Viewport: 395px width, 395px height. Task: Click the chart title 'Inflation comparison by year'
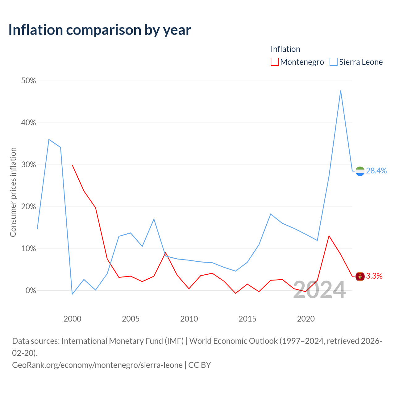click(100, 30)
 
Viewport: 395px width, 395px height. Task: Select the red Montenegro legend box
click(274, 62)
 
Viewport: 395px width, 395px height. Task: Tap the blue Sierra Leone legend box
click(334, 62)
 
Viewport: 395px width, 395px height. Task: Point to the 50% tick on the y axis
click(28, 81)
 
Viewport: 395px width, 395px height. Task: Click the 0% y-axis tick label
click(31, 290)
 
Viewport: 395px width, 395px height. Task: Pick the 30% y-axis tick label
click(28, 164)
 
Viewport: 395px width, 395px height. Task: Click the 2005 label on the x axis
click(131, 319)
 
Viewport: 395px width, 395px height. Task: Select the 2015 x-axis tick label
click(247, 319)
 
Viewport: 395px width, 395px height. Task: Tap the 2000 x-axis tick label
click(72, 319)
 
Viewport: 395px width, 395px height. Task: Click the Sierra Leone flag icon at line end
click(360, 171)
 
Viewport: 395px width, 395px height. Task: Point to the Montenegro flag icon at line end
click(360, 276)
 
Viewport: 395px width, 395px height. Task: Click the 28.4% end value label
click(376, 171)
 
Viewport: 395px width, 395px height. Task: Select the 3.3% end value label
click(374, 276)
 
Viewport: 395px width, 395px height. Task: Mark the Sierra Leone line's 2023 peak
click(341, 91)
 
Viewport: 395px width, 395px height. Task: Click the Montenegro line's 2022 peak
click(329, 236)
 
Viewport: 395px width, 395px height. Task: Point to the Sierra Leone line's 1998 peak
click(49, 139)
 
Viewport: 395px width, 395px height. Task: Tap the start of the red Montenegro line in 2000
click(72, 165)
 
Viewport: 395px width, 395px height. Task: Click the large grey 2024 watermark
click(319, 290)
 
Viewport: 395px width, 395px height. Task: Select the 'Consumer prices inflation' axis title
click(13, 192)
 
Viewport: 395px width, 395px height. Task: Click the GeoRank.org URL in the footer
click(98, 365)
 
